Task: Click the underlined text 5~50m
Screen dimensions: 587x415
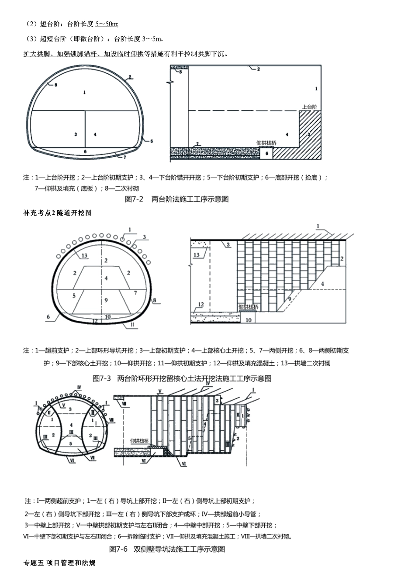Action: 107,24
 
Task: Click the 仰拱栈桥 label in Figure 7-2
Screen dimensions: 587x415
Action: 266,143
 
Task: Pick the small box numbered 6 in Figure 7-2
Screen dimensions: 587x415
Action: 266,153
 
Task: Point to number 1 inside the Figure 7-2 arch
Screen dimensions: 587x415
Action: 84,92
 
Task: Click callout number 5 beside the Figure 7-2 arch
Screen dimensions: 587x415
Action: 151,141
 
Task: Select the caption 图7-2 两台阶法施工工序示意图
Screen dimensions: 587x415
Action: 176,199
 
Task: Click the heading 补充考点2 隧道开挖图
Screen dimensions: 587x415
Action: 57,213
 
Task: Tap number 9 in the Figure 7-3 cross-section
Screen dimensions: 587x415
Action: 106,300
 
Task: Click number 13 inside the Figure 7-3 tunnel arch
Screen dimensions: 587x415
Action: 84,256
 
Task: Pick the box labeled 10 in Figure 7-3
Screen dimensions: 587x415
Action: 248,320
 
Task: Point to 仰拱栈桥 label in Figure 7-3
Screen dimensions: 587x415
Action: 249,307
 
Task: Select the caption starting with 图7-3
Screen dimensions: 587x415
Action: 182,378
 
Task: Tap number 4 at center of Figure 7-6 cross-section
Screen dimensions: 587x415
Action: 71,424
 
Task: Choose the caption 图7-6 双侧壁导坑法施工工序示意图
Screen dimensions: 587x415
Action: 167,549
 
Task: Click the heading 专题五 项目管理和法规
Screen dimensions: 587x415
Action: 59,563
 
